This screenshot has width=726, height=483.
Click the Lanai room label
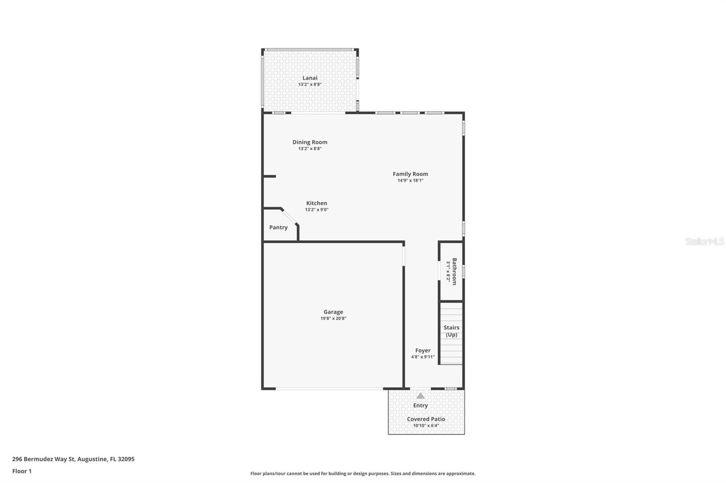click(x=310, y=78)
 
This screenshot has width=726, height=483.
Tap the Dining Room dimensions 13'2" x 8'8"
click(x=310, y=149)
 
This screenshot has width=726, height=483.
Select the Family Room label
click(x=410, y=174)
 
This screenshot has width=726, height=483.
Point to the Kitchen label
click(x=316, y=203)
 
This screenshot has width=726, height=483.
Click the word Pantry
click(x=278, y=227)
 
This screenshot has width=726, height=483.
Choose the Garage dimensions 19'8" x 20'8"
click(x=333, y=319)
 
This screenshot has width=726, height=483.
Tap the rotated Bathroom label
click(x=454, y=271)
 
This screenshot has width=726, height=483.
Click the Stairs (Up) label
click(x=451, y=331)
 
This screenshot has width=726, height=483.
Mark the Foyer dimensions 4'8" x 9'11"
click(x=422, y=357)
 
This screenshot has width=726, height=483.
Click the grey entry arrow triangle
click(x=421, y=396)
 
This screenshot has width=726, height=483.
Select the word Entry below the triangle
click(x=420, y=406)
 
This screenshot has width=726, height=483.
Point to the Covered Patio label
click(x=426, y=419)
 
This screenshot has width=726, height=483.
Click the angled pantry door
click(x=289, y=217)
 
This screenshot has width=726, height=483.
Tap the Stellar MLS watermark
click(x=704, y=241)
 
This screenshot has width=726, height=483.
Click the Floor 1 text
click(x=22, y=471)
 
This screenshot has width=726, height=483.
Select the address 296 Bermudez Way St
click(x=44, y=459)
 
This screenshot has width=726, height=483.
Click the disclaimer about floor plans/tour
click(x=363, y=473)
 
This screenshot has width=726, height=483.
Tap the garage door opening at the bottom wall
click(x=329, y=389)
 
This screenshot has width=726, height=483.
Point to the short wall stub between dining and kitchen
click(x=270, y=176)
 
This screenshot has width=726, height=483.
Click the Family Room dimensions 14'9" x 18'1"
click(x=410, y=180)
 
